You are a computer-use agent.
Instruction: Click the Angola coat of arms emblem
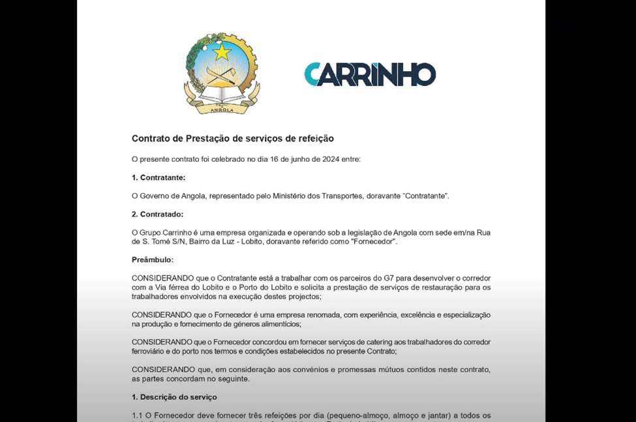222,74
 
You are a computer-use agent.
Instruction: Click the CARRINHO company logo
370,74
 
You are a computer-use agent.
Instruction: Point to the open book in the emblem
222,96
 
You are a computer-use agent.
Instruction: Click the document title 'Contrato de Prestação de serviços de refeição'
233,138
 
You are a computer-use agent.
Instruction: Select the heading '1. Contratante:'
159,177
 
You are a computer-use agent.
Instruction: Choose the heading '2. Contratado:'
157,214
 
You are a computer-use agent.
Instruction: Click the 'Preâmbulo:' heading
153,260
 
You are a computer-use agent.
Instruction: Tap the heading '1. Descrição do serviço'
174,397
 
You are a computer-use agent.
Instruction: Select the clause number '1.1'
138,415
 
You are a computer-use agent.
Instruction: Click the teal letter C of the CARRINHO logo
312,74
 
